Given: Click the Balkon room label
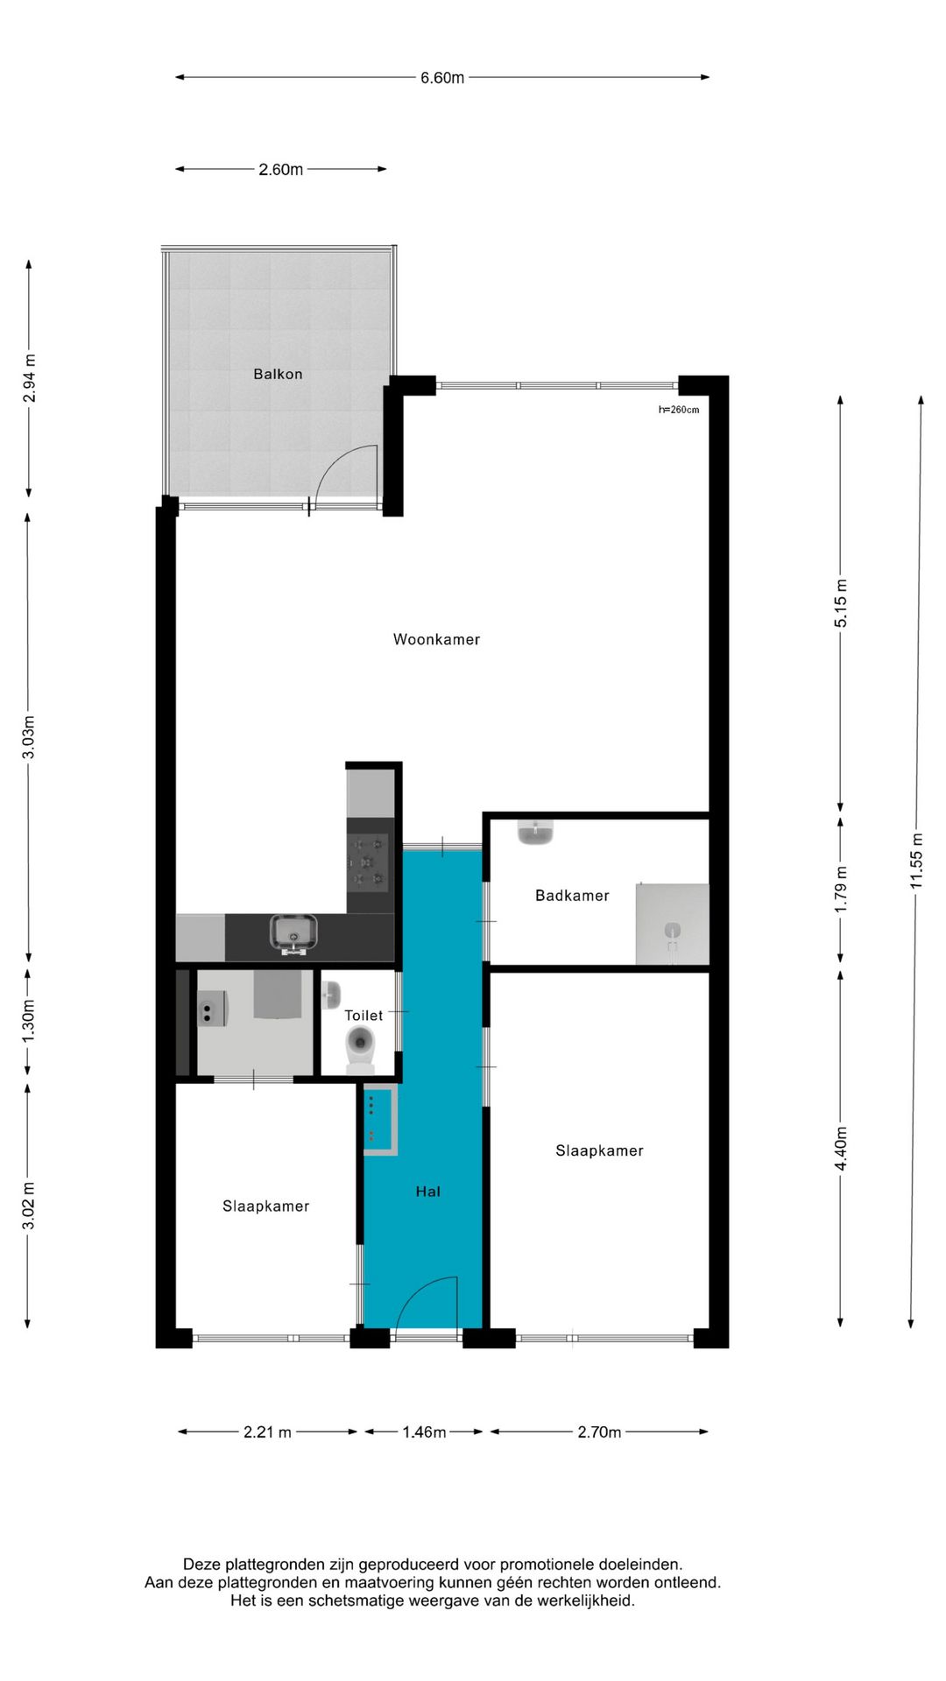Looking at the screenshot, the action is (278, 374).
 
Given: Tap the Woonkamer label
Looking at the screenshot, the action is (436, 639).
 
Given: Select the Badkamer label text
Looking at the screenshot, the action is (572, 895).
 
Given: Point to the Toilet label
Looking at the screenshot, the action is (364, 1015).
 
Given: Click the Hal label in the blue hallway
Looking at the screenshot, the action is (428, 1191).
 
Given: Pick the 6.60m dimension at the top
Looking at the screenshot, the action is (442, 78).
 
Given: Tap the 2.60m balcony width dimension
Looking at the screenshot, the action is (280, 169).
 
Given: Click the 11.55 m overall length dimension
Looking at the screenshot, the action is (916, 861).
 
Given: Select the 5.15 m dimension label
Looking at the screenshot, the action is (841, 603).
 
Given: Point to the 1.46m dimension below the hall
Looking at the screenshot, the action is (424, 1431).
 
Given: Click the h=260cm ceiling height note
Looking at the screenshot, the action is (679, 410).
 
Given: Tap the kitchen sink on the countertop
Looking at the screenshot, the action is (294, 933).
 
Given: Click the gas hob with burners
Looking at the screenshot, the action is (368, 862).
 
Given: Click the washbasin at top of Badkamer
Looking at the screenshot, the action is (535, 832).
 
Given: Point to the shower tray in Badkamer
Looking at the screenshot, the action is (672, 924).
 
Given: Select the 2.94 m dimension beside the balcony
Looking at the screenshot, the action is (30, 378).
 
